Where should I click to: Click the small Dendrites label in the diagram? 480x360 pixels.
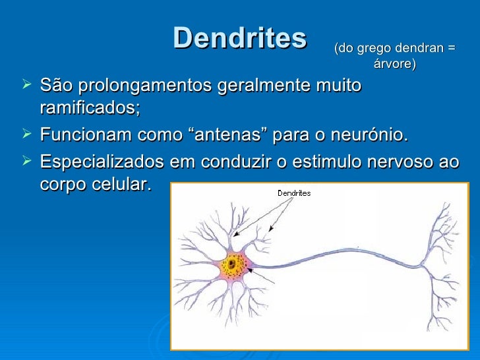click(293, 193)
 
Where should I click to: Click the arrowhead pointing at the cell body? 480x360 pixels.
click(249, 271)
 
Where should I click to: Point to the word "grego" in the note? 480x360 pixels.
click(371, 48)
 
